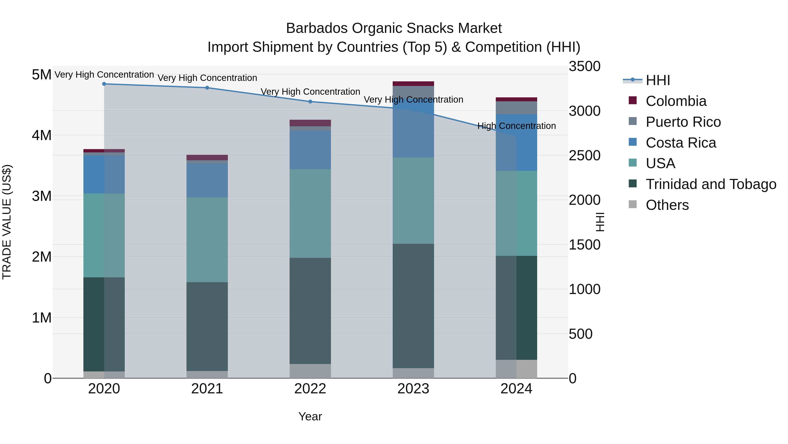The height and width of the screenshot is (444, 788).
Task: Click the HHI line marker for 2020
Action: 104,84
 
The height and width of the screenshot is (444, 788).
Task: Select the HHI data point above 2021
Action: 207,88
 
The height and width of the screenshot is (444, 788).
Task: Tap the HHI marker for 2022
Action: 310,102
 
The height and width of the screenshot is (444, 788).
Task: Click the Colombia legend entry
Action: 676,101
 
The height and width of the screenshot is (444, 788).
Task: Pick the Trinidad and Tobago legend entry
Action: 711,184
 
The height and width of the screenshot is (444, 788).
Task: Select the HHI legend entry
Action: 658,80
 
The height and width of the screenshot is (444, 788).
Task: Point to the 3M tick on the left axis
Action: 42,196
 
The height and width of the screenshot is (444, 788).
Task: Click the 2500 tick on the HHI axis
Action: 584,156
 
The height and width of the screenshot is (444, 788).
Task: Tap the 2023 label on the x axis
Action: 413,389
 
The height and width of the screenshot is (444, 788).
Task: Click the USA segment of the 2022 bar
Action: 310,213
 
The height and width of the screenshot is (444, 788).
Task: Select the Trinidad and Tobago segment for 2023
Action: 413,306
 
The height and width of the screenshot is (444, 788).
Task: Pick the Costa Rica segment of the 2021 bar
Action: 207,180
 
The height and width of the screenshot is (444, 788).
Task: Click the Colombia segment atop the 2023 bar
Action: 413,84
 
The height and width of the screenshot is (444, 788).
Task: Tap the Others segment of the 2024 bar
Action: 516,369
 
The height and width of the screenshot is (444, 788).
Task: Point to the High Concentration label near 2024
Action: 516,126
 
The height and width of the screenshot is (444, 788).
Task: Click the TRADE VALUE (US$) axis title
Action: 7,222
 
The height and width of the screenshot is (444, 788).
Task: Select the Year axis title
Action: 310,416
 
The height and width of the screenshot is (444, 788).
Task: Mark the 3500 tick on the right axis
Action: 584,66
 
